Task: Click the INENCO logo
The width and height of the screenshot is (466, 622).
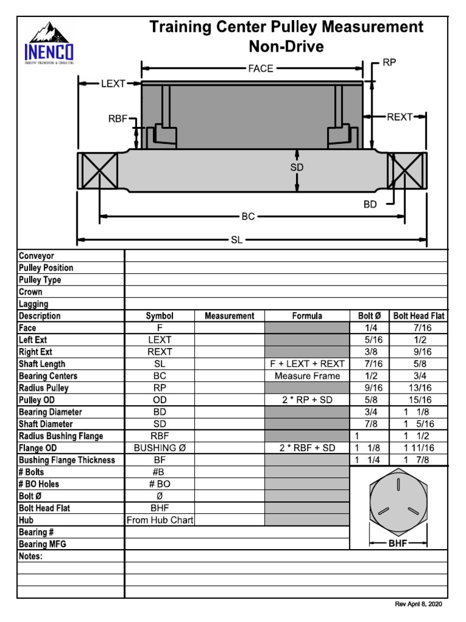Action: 49,43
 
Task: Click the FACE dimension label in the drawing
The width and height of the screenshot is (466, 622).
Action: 260,69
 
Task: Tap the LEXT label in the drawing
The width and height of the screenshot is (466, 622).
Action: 113,84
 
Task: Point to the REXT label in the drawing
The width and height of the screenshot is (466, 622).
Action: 399,117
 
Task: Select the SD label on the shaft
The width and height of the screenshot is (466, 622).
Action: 297,167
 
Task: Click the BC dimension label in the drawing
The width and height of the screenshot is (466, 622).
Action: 248,216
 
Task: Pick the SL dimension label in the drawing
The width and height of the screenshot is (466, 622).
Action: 237,240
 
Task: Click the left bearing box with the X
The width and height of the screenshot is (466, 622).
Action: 98,171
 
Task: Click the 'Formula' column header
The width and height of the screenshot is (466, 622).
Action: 307,316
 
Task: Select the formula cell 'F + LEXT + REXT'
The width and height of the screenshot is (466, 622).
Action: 307,364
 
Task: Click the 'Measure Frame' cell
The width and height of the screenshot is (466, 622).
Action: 307,376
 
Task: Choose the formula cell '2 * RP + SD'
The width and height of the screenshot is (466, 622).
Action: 307,400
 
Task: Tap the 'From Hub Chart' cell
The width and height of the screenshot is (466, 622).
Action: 160,520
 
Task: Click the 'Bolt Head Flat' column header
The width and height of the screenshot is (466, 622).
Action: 419,316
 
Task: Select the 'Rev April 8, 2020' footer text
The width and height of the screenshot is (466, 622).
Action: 419,605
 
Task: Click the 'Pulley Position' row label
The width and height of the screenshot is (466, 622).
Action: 46,268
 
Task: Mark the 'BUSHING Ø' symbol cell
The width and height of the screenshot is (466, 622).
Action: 160,448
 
